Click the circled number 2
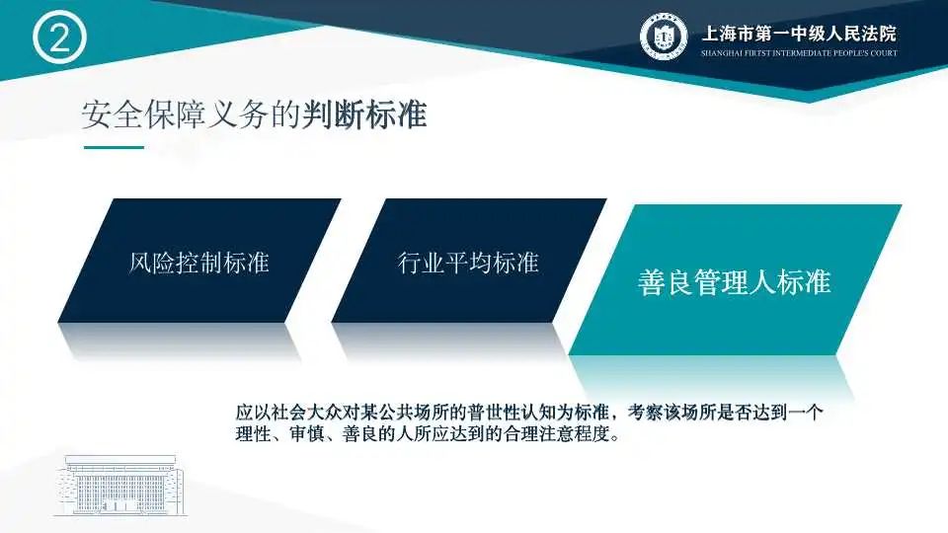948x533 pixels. (x=59, y=38)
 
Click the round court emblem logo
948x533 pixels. (x=664, y=36)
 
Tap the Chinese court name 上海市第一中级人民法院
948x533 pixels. (x=799, y=33)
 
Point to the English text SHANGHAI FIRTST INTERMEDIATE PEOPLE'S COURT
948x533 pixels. (x=799, y=53)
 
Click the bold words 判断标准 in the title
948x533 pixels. (x=365, y=114)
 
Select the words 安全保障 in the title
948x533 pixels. (x=144, y=114)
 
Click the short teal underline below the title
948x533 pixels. (x=114, y=147)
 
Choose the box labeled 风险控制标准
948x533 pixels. (x=199, y=261)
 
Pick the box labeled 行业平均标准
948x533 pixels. (x=469, y=261)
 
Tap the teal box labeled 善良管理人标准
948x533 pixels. (x=735, y=279)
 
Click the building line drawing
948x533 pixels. (x=119, y=486)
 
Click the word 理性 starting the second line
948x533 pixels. (x=254, y=434)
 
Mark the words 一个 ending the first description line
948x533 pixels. (x=806, y=413)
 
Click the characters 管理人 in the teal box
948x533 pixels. (x=735, y=282)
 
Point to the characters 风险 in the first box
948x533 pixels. (x=152, y=263)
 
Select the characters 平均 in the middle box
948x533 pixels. (x=468, y=263)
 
